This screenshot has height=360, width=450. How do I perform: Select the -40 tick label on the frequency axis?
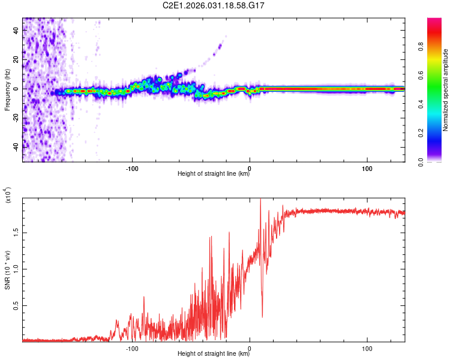(15, 146)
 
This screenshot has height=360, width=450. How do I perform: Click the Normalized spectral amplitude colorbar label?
(446, 90)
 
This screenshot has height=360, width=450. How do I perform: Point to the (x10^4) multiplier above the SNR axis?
(8, 196)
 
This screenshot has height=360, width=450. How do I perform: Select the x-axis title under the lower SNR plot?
(214, 354)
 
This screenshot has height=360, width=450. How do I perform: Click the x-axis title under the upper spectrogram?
(214, 174)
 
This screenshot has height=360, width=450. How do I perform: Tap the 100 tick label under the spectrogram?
(367, 167)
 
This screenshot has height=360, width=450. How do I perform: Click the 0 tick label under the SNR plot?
(250, 347)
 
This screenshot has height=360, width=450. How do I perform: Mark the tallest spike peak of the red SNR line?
(260, 199)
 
